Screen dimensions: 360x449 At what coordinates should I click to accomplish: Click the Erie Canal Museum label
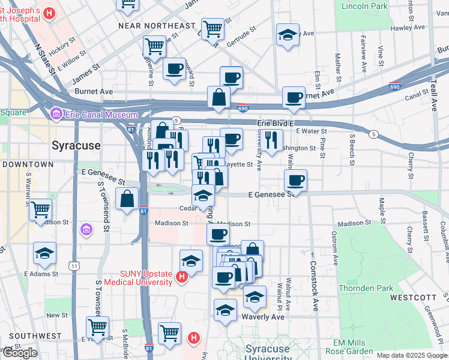[x=101, y=114]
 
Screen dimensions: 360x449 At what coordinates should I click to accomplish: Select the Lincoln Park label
[x=363, y=7]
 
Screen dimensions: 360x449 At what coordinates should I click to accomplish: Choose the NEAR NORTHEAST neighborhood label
[x=157, y=26]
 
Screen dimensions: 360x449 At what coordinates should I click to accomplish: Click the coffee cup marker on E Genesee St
[x=295, y=180]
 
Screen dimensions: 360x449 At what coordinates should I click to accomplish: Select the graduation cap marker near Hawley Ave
[x=288, y=35]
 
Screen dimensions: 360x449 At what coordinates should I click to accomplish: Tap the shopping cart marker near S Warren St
[x=40, y=210]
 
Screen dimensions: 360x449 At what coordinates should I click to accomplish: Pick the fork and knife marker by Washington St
[x=271, y=140]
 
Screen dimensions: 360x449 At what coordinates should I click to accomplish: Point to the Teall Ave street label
[x=434, y=90]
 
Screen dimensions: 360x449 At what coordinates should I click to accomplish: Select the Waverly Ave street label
[x=262, y=317]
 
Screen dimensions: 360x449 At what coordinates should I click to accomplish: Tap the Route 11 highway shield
[x=73, y=265]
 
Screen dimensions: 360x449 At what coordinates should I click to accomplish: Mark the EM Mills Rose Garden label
[x=354, y=346]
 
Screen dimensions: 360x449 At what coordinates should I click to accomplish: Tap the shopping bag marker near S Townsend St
[x=127, y=199]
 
